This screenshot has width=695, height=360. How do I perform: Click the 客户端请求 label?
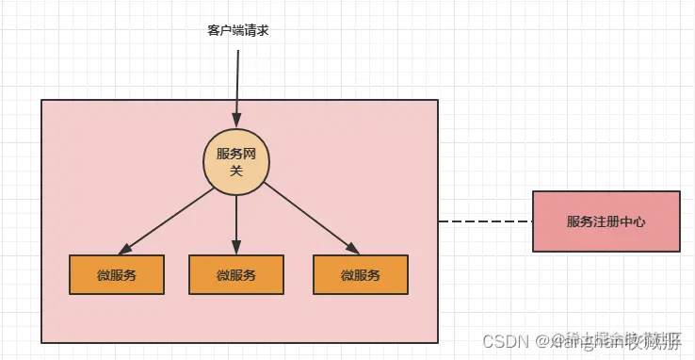point(238,31)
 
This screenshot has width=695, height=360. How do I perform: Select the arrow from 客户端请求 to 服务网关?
point(237,85)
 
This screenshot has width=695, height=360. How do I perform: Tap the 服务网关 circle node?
point(236,161)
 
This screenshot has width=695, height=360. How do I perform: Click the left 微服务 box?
point(117,274)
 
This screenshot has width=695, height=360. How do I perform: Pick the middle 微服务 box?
point(236,274)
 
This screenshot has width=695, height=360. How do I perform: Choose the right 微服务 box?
point(361,274)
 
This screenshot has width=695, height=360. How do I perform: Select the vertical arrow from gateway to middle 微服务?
point(236,221)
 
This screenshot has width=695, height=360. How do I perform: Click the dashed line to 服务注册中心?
point(485,221)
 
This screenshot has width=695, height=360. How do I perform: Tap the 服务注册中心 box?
point(606,221)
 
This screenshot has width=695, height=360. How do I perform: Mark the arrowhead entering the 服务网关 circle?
point(237,122)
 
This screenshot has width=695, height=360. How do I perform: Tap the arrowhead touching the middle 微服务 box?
point(236,249)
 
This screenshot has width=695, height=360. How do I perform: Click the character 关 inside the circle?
point(236,170)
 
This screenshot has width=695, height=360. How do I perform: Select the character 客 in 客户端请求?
point(214,31)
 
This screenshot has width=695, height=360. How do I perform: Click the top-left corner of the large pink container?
point(42,100)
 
